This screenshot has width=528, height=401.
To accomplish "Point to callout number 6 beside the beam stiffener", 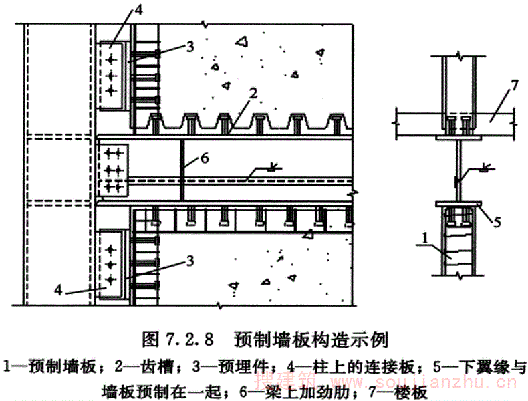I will point(205,158).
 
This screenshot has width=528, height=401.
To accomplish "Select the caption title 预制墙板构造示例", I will point(311,340).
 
